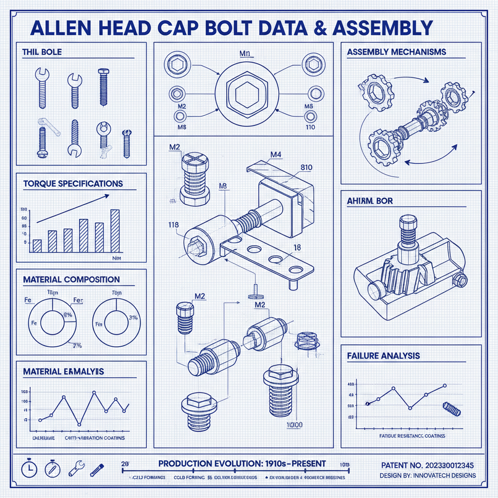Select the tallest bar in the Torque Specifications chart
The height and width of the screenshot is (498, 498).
[115, 231]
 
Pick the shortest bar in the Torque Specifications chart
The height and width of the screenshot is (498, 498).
[37, 245]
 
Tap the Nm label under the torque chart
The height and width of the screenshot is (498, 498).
[116, 258]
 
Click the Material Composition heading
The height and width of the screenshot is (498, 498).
[71, 280]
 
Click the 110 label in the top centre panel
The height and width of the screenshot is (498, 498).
[310, 127]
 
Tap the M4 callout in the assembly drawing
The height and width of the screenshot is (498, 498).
[276, 155]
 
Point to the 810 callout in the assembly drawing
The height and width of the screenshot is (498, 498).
[306, 168]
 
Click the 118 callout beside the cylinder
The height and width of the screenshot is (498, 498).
[173, 225]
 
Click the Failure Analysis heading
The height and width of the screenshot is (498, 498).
[383, 356]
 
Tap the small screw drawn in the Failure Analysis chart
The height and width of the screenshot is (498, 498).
[451, 409]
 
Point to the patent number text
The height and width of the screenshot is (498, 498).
[428, 465]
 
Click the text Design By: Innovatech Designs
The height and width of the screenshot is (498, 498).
[428, 475]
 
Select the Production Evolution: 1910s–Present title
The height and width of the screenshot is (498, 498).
[242, 463]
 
